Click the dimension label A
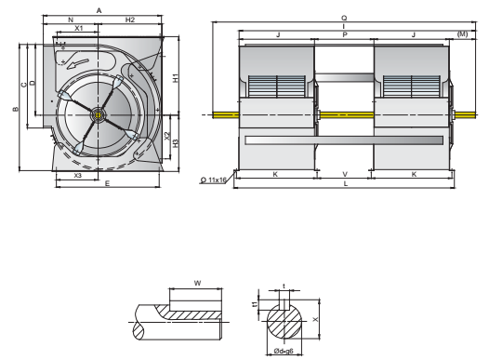pos(99,11)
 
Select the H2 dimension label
pos(130,20)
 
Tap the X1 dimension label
pos(79,28)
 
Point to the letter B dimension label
pos(15,109)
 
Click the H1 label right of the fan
pos(176,78)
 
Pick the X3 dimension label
pos(77,176)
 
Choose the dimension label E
pos(107,183)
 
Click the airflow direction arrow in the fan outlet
pos(78,63)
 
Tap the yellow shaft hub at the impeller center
pos(99,115)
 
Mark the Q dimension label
pos(344,19)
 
